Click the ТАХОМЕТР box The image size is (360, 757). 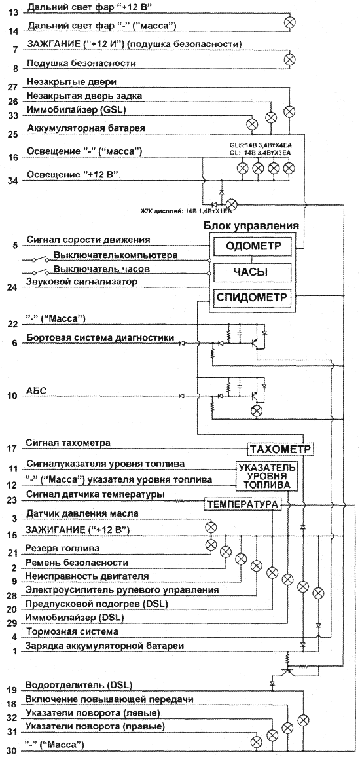[280, 449]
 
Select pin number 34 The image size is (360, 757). [14, 181]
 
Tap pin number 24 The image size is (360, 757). [14, 287]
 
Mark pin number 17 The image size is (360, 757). [14, 449]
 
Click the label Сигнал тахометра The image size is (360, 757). [69, 442]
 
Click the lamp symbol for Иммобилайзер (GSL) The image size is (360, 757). [251, 123]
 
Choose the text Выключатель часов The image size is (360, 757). [94, 268]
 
